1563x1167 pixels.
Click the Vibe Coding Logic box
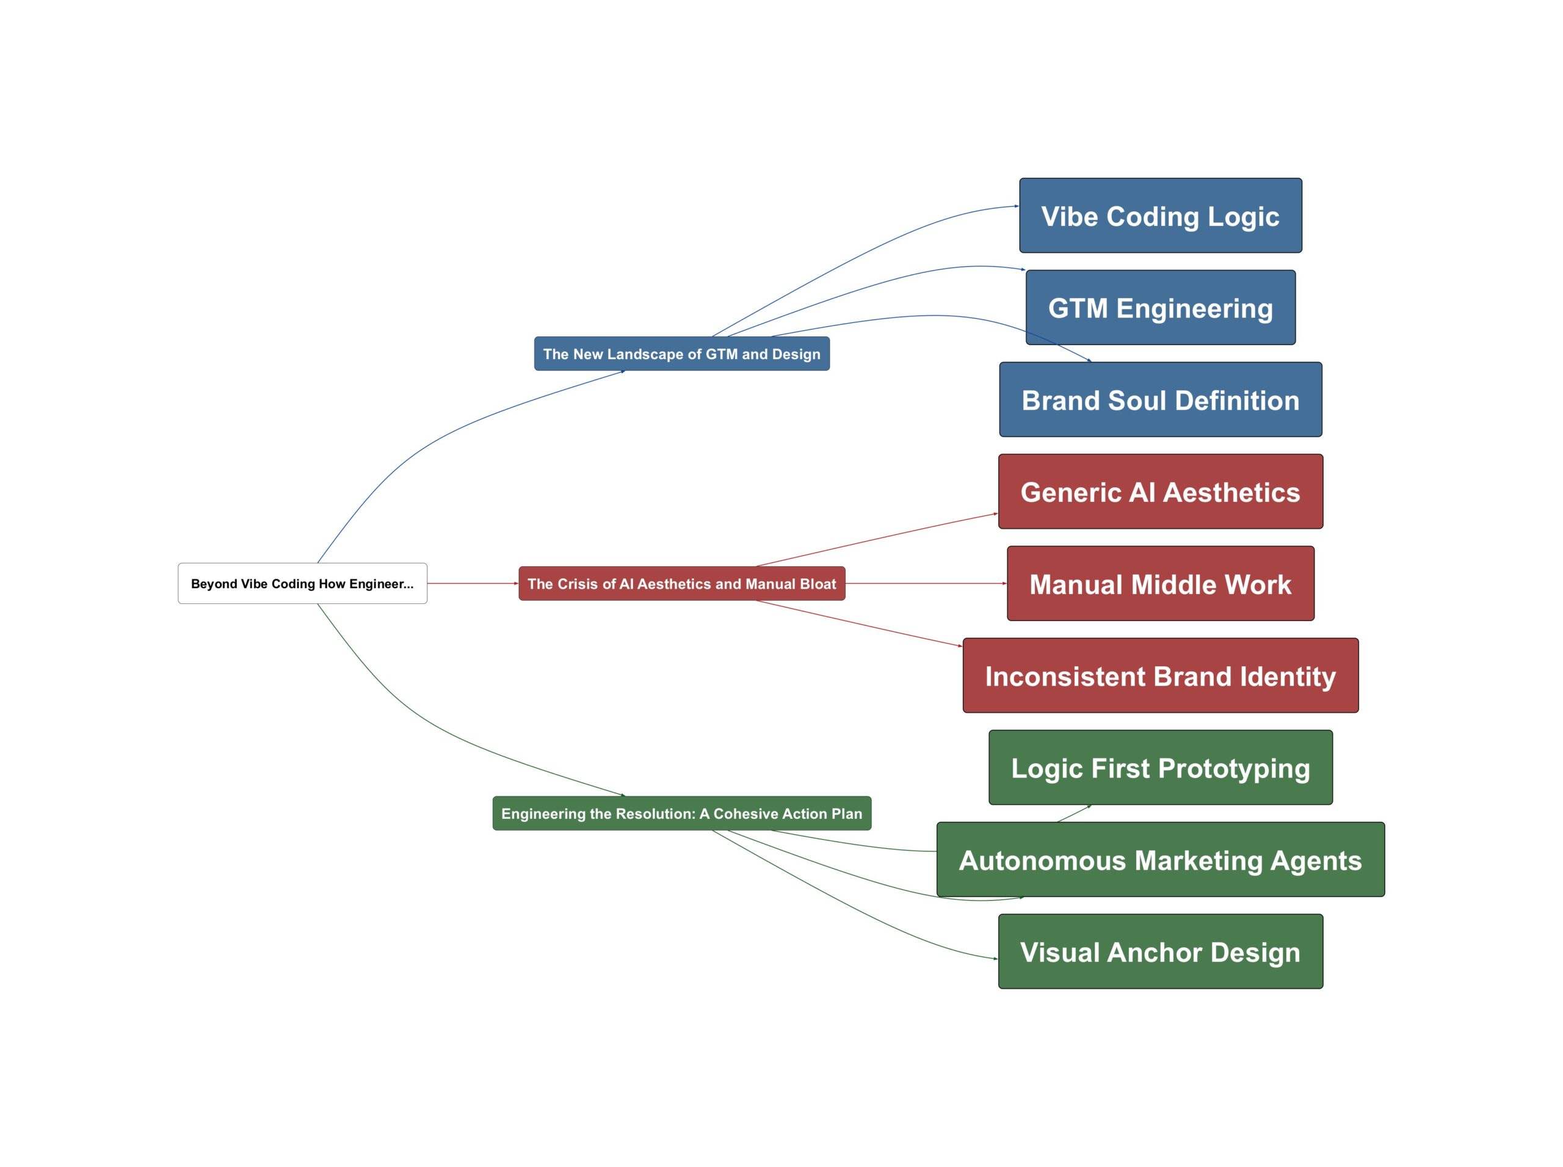1159,216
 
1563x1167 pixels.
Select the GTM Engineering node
1159,307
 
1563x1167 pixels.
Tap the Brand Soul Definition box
1159,400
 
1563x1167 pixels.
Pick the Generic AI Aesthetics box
1159,492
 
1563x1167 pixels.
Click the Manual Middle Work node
1159,584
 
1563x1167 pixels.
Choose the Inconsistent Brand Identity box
1159,675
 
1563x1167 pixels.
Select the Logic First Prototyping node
1159,767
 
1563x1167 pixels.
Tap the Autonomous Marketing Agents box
1159,860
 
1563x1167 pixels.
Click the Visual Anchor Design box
1159,951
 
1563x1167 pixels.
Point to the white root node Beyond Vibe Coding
302,584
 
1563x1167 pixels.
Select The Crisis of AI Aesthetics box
681,584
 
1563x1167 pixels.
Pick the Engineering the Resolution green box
681,813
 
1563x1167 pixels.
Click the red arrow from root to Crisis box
472,584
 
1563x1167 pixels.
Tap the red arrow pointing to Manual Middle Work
925,584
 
